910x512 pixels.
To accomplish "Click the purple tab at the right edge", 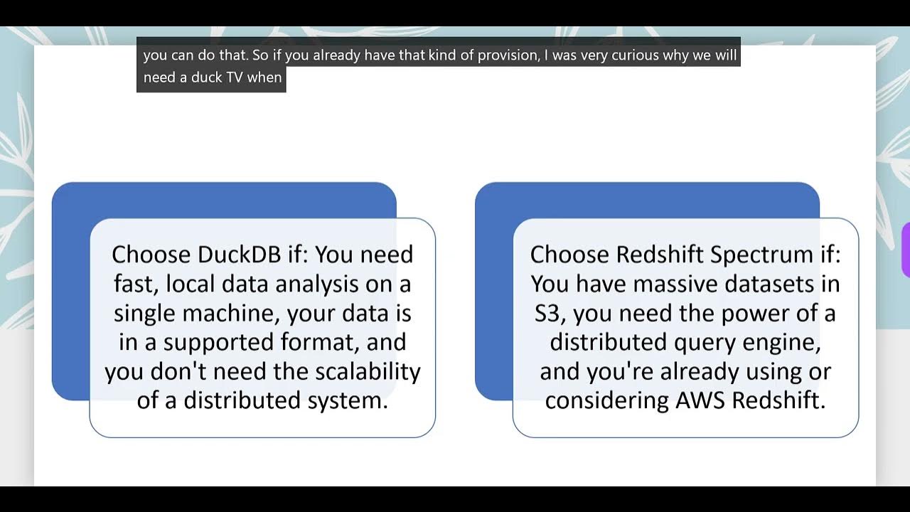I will (x=906, y=250).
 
